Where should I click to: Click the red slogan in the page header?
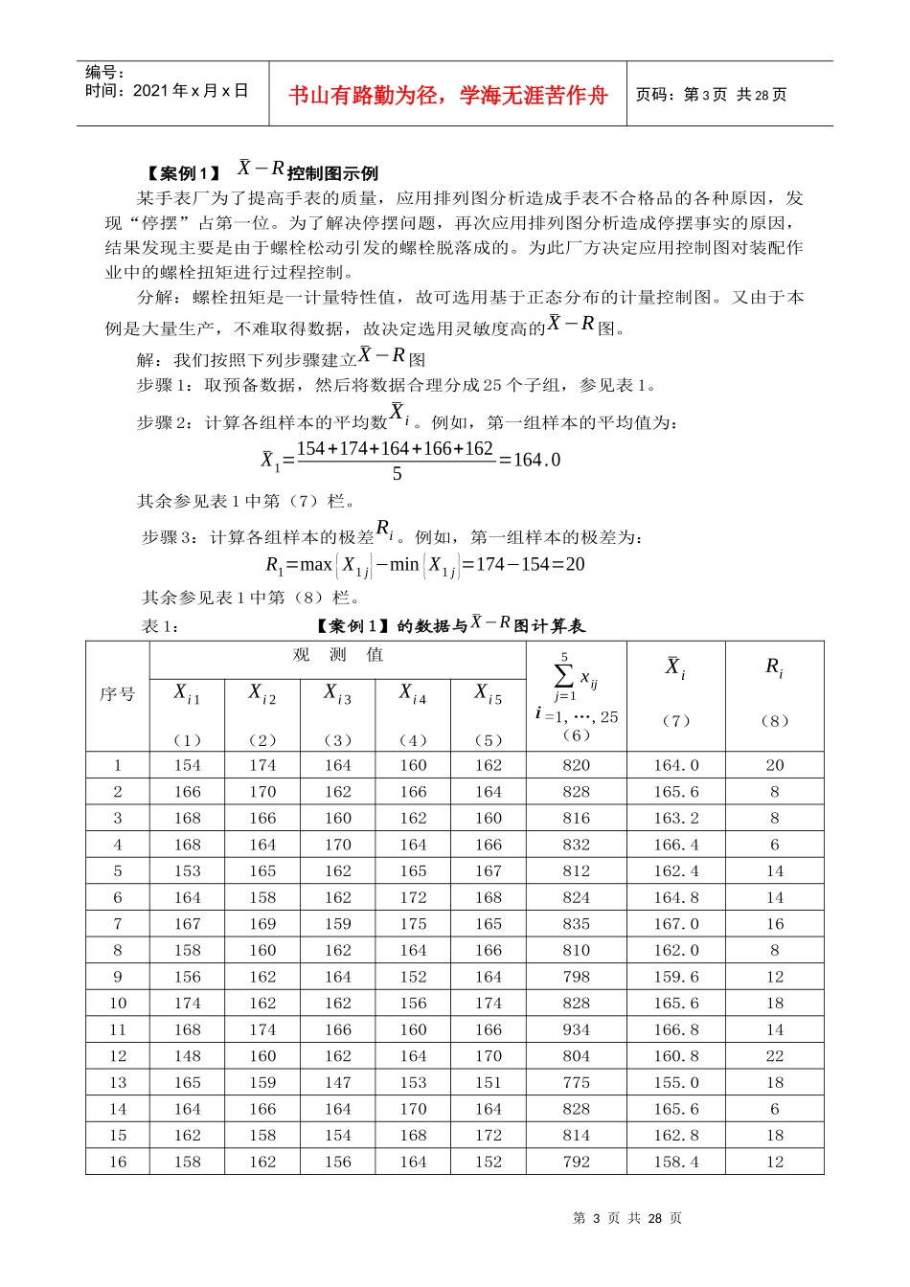(x=448, y=95)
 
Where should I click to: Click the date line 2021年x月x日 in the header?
(x=167, y=91)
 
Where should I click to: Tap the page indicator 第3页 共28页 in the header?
(x=711, y=95)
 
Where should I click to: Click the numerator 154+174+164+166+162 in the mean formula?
(x=395, y=449)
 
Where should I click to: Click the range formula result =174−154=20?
(x=523, y=564)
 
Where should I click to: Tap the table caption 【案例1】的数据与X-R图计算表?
(x=450, y=626)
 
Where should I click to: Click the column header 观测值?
(x=337, y=655)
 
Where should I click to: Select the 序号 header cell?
(x=118, y=694)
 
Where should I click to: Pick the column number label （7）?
(x=675, y=721)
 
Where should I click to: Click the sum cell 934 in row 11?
(x=577, y=1029)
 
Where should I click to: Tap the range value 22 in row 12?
(x=774, y=1056)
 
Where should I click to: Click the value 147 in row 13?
(x=337, y=1082)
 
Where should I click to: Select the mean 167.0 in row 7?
(x=675, y=924)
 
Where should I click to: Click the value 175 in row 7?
(x=413, y=924)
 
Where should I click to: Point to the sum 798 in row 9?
(x=577, y=977)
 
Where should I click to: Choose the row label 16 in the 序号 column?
(x=118, y=1162)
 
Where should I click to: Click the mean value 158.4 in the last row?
(x=675, y=1162)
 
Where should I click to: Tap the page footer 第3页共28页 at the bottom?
(x=626, y=1218)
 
